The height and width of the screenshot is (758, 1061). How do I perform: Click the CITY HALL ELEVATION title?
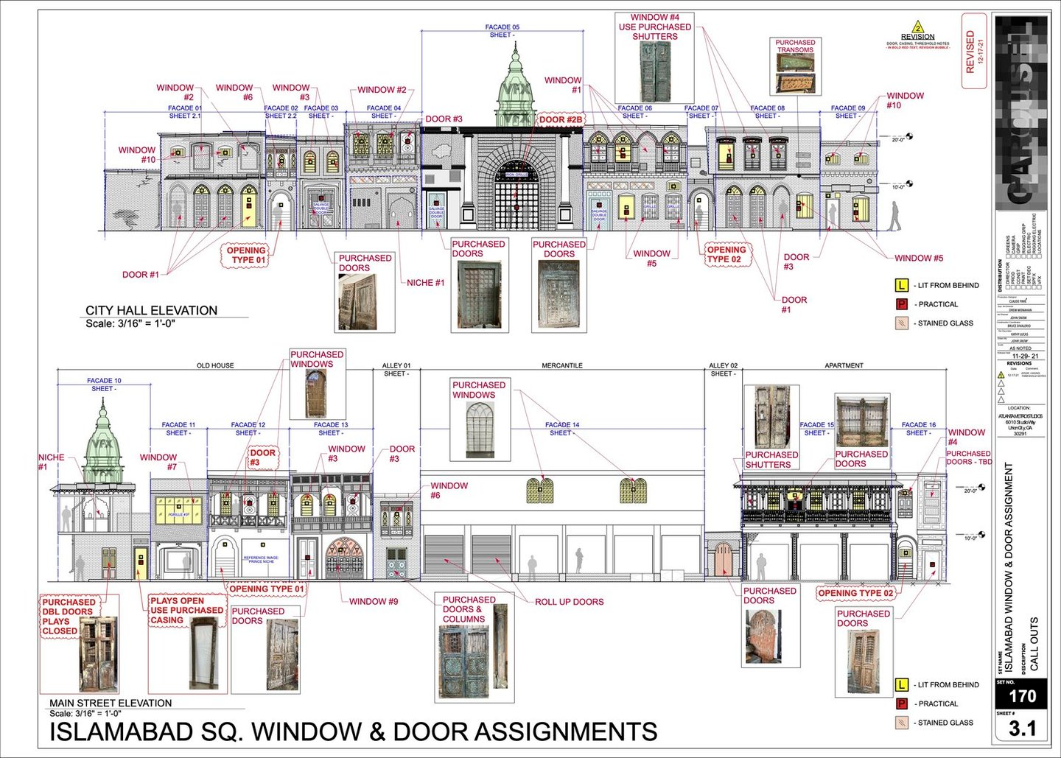151,311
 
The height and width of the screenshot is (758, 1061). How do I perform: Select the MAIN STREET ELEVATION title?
111,703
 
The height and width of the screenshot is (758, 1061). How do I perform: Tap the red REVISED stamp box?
973,52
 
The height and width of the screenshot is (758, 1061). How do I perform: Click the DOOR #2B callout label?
560,119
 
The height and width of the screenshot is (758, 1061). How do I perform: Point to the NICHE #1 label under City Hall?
425,283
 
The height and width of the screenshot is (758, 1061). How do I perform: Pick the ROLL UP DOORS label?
569,602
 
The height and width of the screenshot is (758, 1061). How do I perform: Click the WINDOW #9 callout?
373,602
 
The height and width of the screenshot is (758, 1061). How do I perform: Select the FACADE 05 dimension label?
502,27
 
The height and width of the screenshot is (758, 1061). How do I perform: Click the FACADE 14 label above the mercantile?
562,425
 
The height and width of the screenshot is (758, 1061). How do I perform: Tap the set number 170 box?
1021,696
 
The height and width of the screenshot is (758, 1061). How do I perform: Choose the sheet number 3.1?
1021,729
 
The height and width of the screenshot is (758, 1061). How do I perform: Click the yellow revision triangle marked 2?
918,27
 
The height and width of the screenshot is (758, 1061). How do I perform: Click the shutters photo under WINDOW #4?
655,71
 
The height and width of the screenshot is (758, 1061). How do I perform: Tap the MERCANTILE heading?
562,365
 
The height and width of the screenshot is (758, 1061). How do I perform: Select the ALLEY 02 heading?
723,365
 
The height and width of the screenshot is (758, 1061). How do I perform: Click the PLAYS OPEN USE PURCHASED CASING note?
186,611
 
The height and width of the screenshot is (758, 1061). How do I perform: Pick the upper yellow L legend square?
901,285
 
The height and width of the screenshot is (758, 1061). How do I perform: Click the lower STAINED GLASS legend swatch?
901,723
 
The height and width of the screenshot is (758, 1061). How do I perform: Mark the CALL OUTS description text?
1034,644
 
